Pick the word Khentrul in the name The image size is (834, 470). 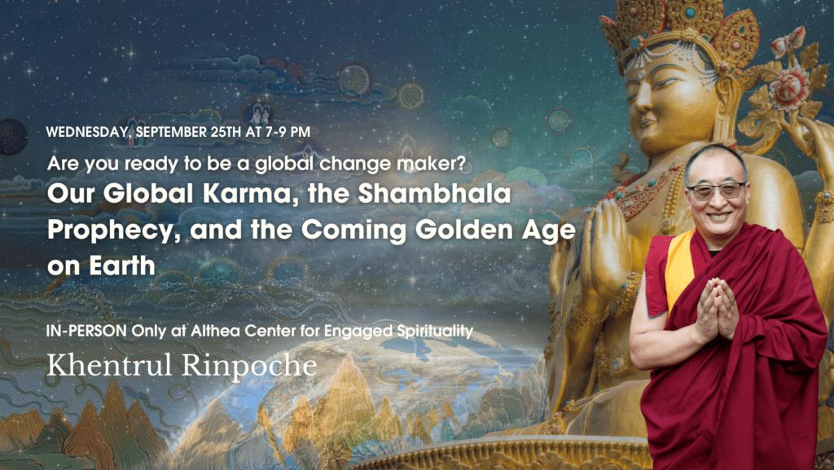pos(103,365)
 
